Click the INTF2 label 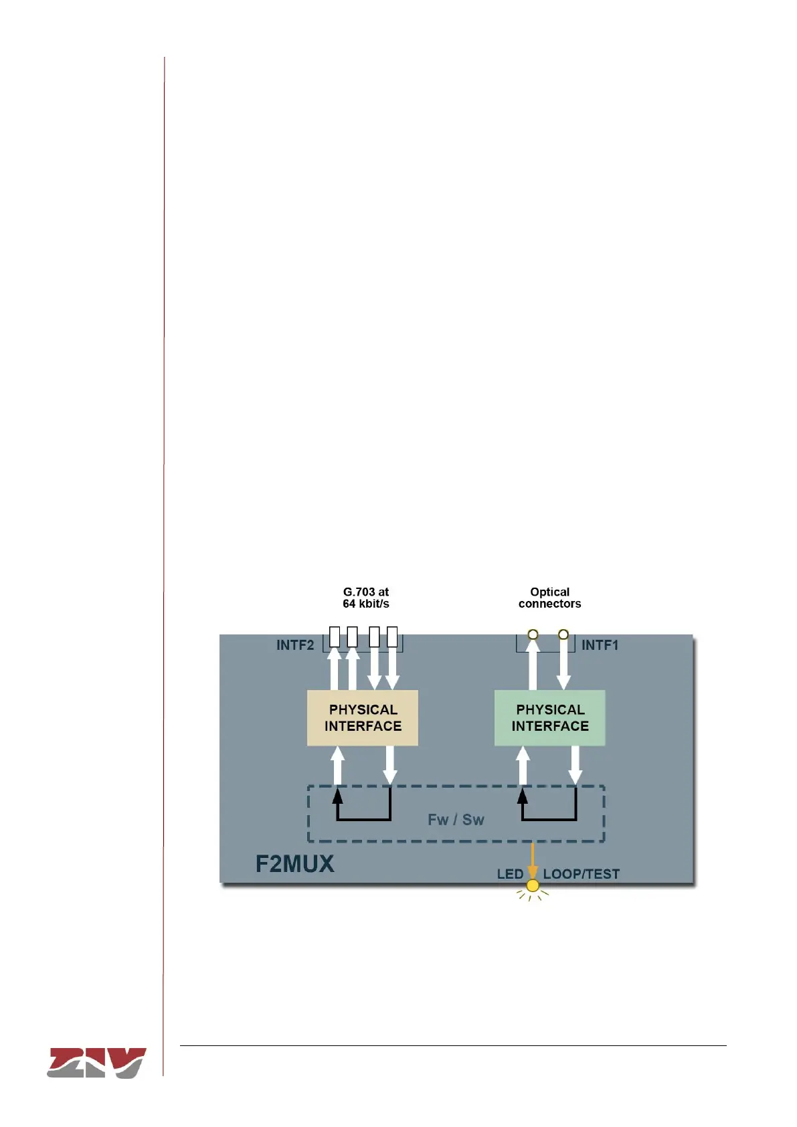(295, 645)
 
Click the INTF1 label (600, 645)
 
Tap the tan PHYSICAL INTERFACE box (363, 718)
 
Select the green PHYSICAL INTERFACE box (549, 718)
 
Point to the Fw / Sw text (456, 820)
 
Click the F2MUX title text (294, 863)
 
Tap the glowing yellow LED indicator (533, 886)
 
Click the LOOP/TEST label (581, 874)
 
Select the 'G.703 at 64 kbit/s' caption (366, 598)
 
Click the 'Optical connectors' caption (549, 598)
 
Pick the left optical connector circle (533, 634)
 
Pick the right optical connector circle (563, 634)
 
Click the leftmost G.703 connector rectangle (335, 636)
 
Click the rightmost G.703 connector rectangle (392, 636)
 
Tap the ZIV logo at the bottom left (96, 1062)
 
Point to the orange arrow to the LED (533, 860)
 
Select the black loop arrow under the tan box (363, 818)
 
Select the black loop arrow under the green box (549, 818)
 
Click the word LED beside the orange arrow (510, 874)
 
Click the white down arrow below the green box (575, 765)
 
